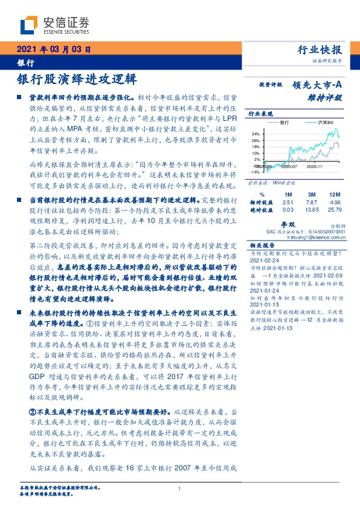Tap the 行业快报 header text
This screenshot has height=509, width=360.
pos(321,50)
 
